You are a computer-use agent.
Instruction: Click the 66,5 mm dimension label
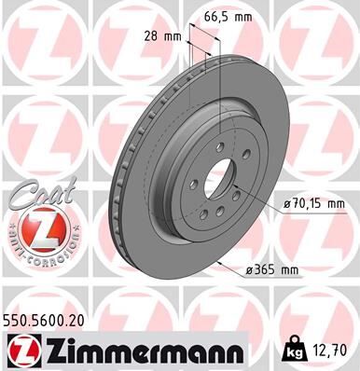pyautogui.click(x=230, y=17)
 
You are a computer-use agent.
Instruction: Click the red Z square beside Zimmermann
pyautogui.click(x=21, y=350)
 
